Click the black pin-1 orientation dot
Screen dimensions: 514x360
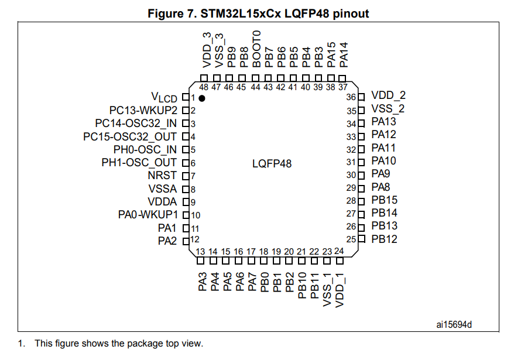(202, 98)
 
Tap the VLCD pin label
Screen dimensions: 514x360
(164, 97)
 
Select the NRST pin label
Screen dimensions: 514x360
(162, 176)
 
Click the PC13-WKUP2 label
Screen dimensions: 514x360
(143, 110)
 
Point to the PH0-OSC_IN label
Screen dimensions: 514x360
(145, 149)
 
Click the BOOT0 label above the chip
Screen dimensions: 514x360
(256, 49)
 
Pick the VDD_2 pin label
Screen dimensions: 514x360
(389, 95)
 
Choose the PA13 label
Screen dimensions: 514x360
(383, 121)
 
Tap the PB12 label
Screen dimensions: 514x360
(384, 239)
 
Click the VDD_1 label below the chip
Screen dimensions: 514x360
(340, 290)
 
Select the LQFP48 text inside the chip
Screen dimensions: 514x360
(272, 163)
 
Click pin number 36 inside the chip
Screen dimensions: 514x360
(351, 97)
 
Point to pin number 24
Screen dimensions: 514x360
(339, 251)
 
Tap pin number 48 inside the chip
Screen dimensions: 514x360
(204, 87)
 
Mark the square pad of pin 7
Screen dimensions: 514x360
(186, 176)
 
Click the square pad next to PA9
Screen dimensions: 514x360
(361, 176)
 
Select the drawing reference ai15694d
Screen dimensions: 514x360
(454, 325)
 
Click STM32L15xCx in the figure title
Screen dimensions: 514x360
(241, 13)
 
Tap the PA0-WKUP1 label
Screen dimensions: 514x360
(148, 215)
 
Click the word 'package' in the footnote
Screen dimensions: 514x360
(145, 344)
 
